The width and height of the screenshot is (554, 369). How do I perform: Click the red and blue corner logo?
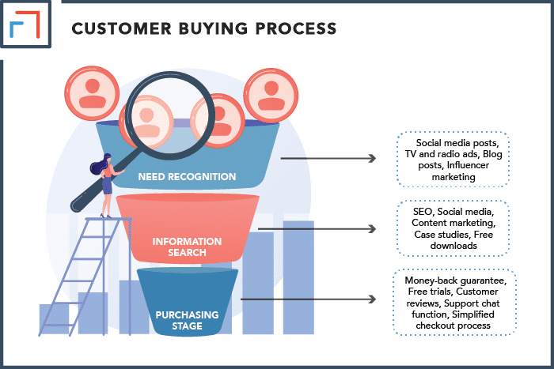(25, 24)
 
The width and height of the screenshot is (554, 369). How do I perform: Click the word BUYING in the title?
(213, 28)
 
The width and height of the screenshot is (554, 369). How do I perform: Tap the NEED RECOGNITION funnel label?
(187, 176)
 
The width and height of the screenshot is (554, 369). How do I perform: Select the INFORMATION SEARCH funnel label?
(187, 247)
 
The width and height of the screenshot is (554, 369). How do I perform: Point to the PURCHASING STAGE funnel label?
(187, 320)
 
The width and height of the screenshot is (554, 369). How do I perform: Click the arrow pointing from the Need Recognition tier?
(328, 158)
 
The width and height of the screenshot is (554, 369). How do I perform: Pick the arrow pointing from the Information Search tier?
(317, 229)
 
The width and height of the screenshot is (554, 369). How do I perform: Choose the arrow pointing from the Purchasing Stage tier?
(308, 299)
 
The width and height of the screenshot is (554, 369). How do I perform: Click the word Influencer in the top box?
(468, 165)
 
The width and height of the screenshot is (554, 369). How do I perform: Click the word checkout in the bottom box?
(434, 326)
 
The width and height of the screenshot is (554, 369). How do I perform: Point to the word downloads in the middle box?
(453, 246)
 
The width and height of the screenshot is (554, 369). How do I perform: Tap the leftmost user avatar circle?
(92, 93)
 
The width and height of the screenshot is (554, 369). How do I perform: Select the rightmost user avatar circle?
(271, 96)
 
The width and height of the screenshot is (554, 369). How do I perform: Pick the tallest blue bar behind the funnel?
(298, 277)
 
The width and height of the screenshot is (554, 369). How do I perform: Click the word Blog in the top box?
(492, 154)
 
